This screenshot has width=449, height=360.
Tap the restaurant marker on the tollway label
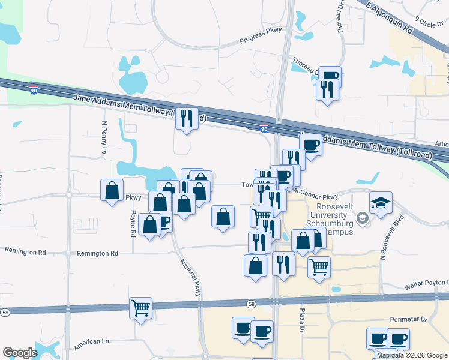[187, 119]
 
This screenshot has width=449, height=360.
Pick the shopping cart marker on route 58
[141, 308]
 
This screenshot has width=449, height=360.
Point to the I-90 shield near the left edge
[33, 89]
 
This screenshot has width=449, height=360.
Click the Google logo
[20, 352]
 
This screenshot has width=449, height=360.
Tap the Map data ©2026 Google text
[411, 355]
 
